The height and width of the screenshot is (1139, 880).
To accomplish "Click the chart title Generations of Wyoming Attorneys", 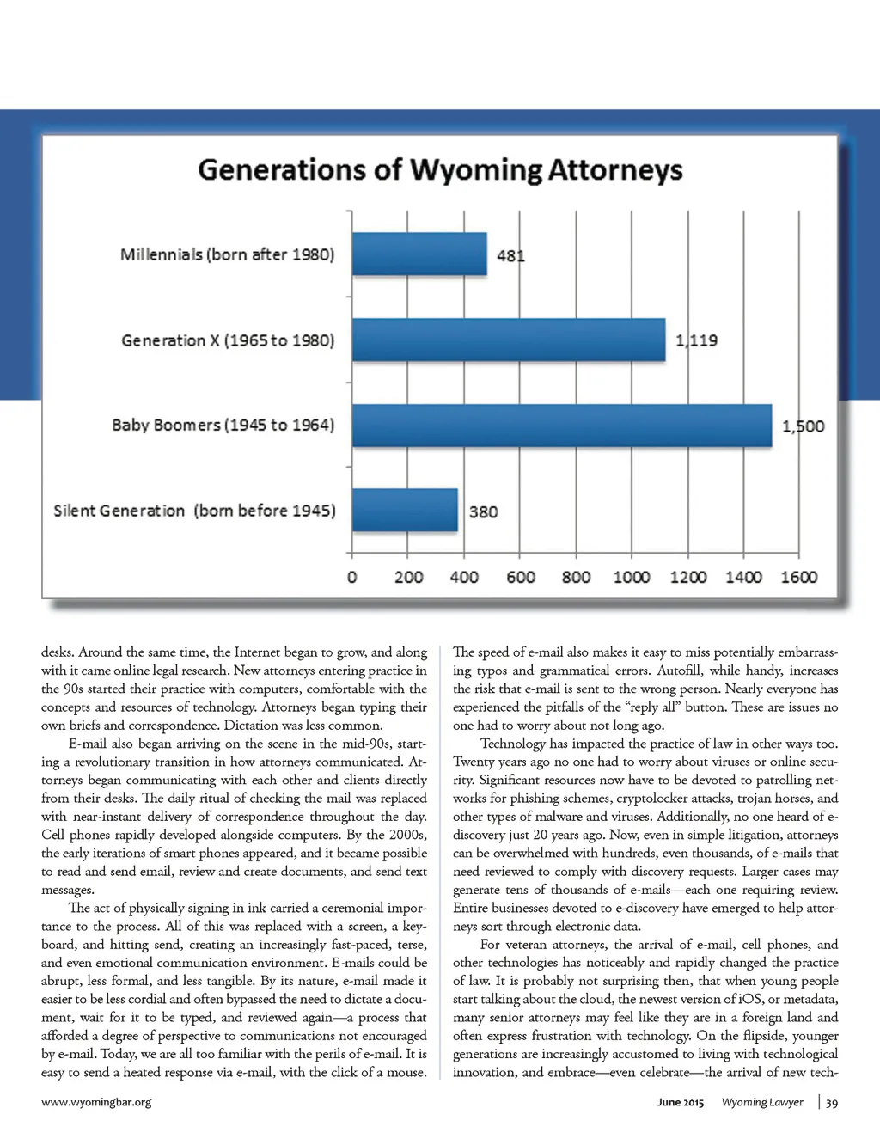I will click(x=440, y=169).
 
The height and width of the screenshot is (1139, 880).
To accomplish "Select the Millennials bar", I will click(x=419, y=254).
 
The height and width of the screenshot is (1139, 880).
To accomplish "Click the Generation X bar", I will click(x=509, y=340).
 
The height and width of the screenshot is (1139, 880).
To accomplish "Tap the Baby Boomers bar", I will click(x=562, y=426).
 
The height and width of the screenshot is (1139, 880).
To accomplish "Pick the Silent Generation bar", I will click(x=405, y=511).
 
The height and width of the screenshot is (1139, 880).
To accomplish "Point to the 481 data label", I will click(x=510, y=255).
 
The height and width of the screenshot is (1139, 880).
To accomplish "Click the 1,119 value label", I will click(x=696, y=340).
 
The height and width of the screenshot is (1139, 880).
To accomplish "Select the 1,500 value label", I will click(x=803, y=426).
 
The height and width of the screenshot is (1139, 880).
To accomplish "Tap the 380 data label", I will click(x=483, y=512).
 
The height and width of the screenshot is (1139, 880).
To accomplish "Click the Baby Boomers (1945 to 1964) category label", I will click(x=223, y=425).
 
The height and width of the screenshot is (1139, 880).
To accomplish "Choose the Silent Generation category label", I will click(x=194, y=511).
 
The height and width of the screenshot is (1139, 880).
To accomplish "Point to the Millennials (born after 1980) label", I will click(x=227, y=254).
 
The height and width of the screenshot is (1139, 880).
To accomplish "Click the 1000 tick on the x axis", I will click(x=632, y=577).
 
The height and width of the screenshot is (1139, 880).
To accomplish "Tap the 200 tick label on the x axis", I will click(x=408, y=577).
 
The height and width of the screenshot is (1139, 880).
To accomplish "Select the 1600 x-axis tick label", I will click(x=798, y=577).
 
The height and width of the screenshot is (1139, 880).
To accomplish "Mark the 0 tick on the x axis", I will click(x=351, y=577).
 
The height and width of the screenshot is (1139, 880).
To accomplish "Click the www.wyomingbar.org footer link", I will click(x=96, y=1102).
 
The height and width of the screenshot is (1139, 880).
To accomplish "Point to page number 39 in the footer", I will click(x=832, y=1103).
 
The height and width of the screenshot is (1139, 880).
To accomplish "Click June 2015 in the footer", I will click(x=681, y=1102).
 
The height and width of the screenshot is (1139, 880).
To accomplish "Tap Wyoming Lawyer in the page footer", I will click(x=762, y=1102).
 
